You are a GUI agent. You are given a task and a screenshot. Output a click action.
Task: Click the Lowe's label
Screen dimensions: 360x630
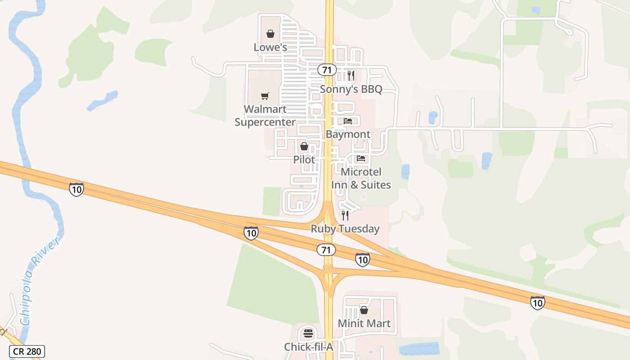[x=270, y=47]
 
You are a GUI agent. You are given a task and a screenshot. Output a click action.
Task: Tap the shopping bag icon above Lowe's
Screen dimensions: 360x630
[x=270, y=34]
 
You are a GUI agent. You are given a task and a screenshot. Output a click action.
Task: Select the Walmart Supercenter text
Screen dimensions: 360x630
[x=265, y=116]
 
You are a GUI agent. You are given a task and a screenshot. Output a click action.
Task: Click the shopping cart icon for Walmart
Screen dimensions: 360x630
[x=265, y=96]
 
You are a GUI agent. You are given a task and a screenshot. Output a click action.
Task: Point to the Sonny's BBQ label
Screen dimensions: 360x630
[x=351, y=89]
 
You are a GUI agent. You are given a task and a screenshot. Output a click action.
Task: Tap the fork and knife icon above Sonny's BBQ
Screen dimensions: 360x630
[x=351, y=75]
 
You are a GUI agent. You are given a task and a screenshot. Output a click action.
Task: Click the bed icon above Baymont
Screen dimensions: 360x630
[x=348, y=121]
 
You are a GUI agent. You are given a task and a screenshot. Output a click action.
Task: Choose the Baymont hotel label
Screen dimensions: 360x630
[x=348, y=134]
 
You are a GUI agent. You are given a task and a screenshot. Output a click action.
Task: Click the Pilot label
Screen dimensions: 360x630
[x=304, y=159]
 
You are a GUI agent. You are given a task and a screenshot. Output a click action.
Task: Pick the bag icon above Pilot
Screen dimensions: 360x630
[x=304, y=146]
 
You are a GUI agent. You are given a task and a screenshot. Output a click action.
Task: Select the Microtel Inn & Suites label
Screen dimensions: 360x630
[x=361, y=178]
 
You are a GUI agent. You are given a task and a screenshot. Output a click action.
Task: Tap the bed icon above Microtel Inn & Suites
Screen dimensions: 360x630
[x=361, y=158]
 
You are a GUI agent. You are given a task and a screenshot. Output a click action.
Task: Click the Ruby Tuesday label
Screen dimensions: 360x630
[x=345, y=229]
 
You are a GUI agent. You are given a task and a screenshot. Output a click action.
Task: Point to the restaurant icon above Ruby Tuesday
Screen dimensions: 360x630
[x=345, y=216]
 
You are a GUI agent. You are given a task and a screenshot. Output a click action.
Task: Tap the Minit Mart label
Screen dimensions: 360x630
[x=364, y=323]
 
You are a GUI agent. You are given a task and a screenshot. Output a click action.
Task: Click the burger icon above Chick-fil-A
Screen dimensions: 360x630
[x=308, y=333]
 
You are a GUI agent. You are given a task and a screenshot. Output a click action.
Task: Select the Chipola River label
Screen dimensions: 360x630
[x=40, y=283]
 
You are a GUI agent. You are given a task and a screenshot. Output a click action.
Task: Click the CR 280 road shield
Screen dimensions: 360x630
[x=27, y=351]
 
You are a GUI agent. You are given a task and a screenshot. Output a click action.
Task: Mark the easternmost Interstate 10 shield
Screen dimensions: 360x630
[x=537, y=302]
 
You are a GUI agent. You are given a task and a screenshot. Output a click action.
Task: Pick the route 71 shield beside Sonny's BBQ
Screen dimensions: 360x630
[x=327, y=70]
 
